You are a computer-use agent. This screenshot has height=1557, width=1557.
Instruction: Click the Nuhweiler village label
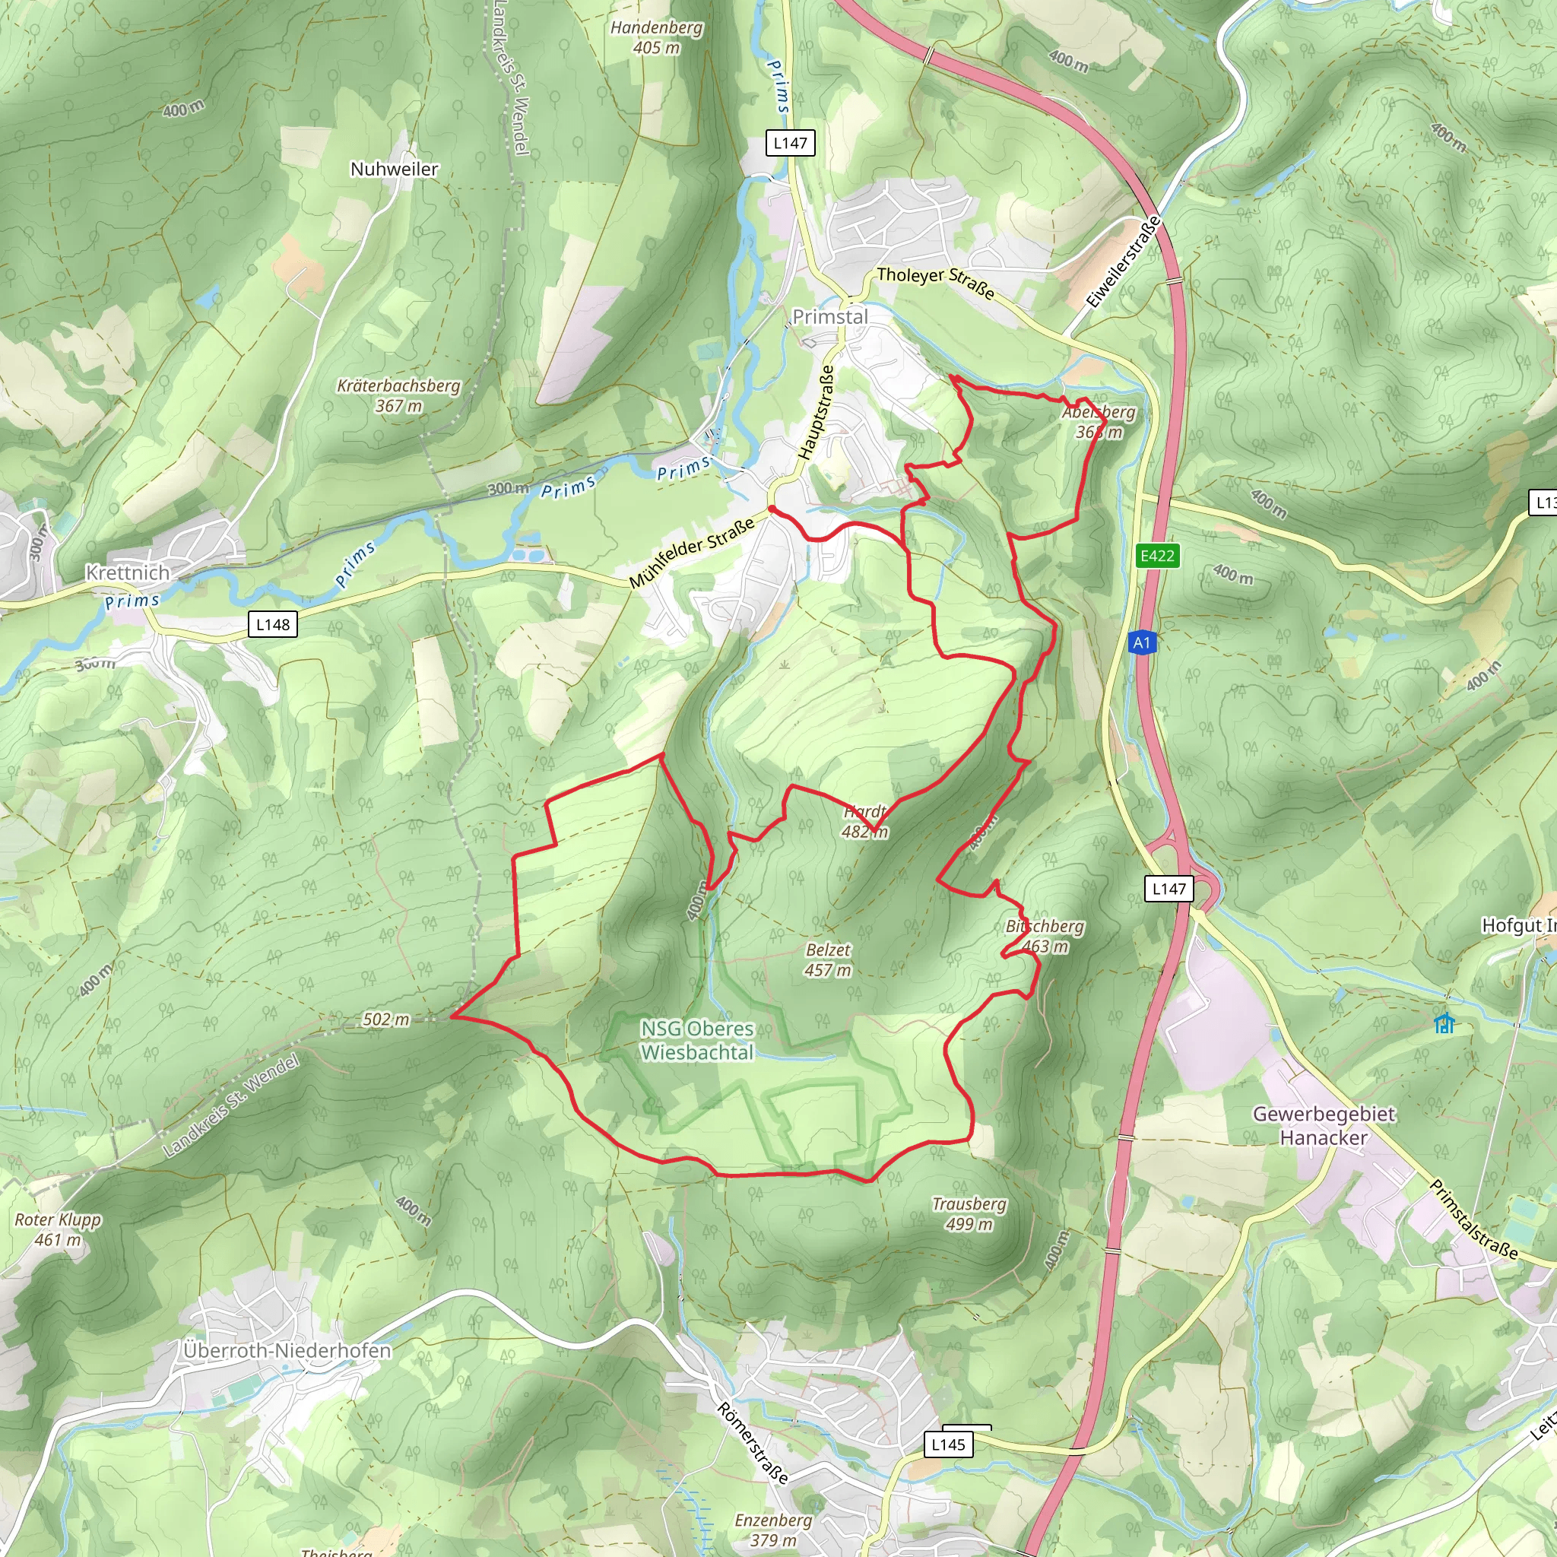(x=394, y=170)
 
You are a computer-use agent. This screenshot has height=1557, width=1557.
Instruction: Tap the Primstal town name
(x=830, y=317)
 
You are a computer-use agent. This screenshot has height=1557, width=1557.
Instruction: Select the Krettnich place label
(x=128, y=573)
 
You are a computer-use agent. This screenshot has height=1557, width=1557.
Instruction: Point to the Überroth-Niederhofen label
(x=287, y=1351)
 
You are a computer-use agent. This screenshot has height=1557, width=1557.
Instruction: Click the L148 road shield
(x=273, y=625)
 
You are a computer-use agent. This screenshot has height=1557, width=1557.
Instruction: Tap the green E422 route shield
(x=1157, y=556)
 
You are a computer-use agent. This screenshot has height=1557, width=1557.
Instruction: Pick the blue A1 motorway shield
(x=1142, y=642)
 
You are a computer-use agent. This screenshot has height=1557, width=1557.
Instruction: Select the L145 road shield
(x=948, y=1444)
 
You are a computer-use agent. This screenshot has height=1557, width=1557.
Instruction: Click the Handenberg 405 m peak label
(x=656, y=38)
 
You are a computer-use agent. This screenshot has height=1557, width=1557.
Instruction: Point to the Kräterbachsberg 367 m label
(x=398, y=395)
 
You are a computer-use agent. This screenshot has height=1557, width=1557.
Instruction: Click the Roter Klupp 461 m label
(x=58, y=1230)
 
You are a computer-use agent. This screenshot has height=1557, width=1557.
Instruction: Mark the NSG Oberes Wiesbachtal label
(x=698, y=1041)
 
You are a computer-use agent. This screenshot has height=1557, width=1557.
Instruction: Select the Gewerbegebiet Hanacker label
(x=1324, y=1126)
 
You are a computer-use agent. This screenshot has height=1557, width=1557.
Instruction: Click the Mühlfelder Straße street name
(x=692, y=552)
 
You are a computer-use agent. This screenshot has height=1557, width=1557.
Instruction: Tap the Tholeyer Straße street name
(x=935, y=282)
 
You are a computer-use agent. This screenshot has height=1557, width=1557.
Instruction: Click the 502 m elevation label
(x=386, y=1020)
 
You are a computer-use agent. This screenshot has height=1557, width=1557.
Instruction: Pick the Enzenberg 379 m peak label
(x=774, y=1530)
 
